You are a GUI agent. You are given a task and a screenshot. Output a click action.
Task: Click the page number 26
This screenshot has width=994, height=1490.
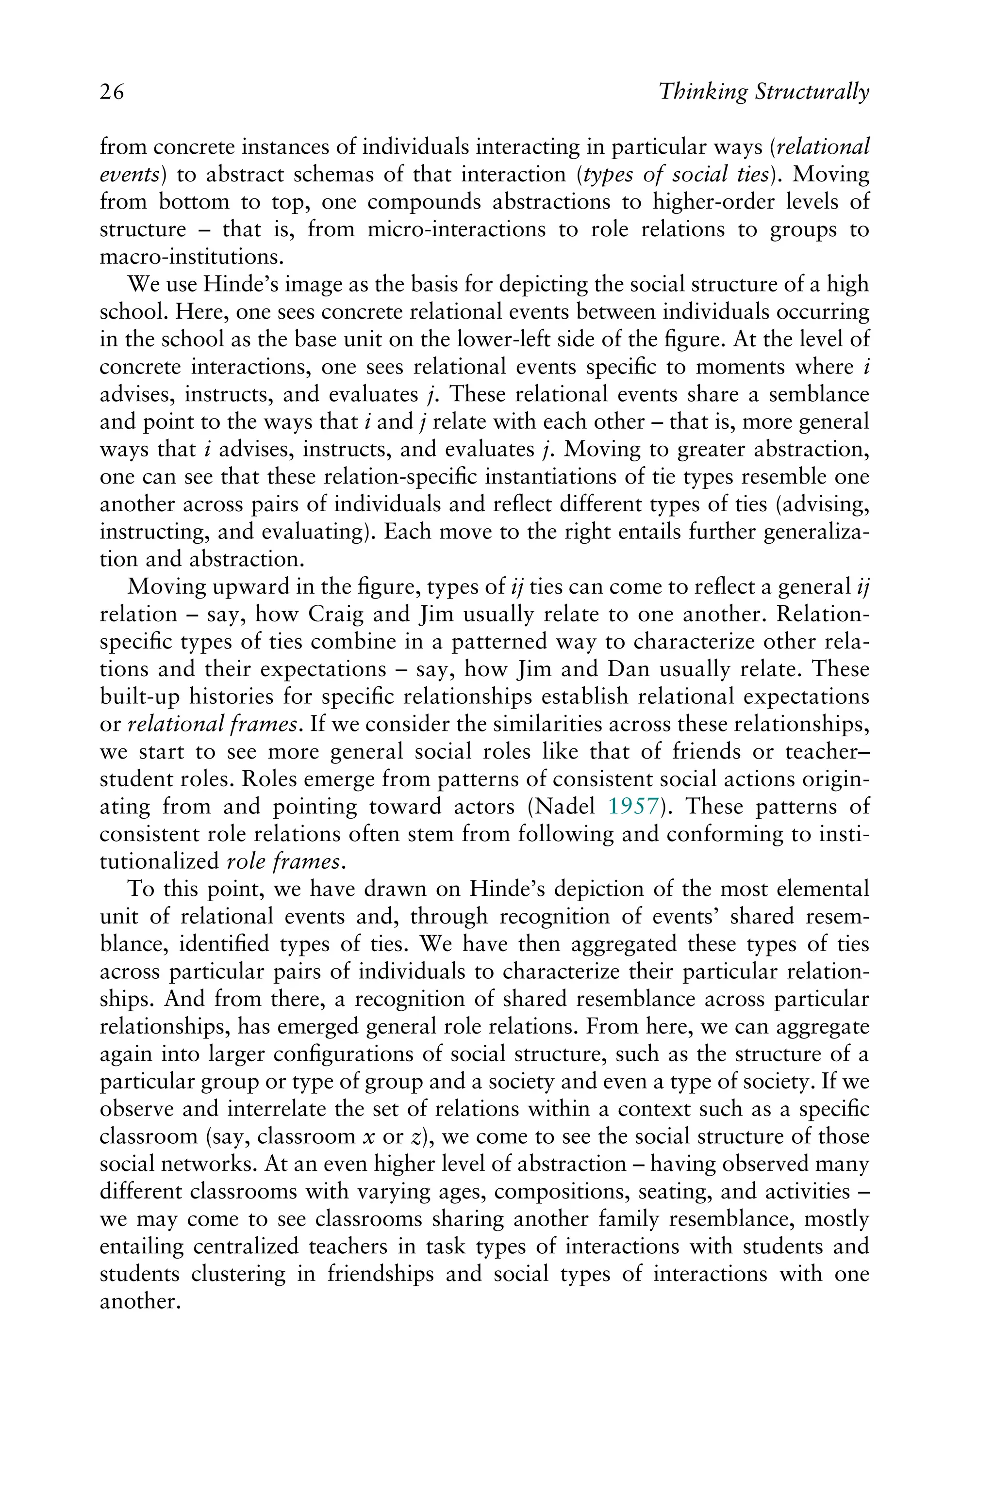pos(112,93)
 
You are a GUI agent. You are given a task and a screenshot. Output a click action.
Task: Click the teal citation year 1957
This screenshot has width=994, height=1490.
pos(634,807)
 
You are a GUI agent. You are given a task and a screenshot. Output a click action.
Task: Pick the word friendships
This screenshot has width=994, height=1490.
pos(381,1274)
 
